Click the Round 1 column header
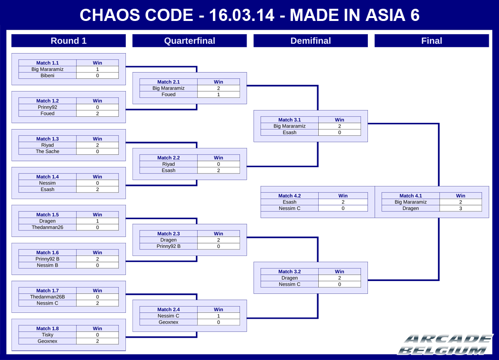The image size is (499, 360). click(68, 41)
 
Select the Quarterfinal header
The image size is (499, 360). click(190, 41)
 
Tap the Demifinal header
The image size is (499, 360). click(310, 41)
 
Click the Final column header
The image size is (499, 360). click(432, 41)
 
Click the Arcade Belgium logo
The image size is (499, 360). click(445, 344)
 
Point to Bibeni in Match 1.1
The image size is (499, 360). click(47, 76)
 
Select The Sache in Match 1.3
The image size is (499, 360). click(47, 152)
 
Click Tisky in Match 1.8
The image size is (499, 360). click(47, 335)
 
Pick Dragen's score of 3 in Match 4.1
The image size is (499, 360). click(461, 208)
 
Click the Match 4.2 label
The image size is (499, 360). click(289, 196)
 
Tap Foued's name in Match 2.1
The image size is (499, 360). click(168, 95)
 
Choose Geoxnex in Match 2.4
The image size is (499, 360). click(168, 322)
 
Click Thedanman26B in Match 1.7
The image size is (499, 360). click(47, 297)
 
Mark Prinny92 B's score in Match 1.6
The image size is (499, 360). click(97, 259)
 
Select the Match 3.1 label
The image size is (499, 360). click(289, 120)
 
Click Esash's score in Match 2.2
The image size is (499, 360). click(218, 171)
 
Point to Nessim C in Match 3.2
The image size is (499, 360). click(289, 284)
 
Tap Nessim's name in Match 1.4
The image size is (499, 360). click(47, 183)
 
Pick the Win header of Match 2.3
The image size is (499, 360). click(218, 234)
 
